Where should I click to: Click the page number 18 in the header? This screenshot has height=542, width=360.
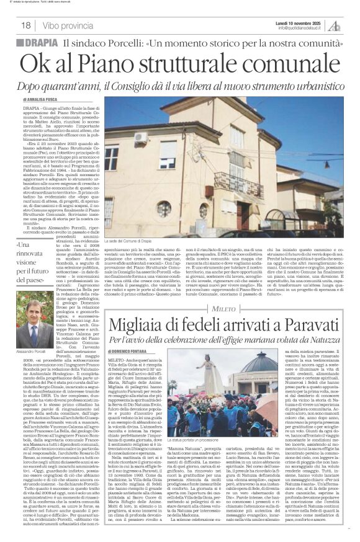pos(26,25)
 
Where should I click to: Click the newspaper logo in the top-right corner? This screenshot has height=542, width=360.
pos(335,25)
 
